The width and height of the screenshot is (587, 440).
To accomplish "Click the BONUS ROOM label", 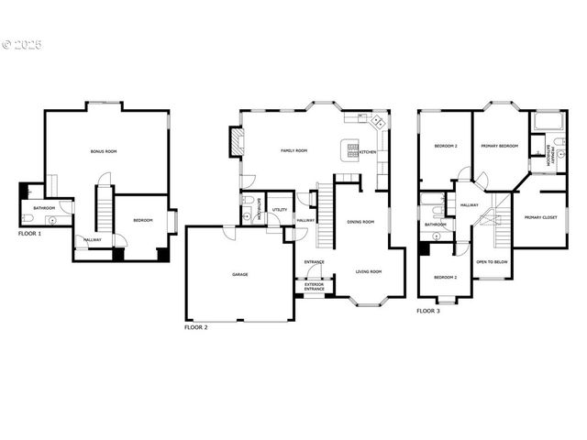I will pyautogui.click(x=104, y=150).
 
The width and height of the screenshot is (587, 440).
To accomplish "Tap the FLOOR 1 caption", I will pyautogui.click(x=30, y=234).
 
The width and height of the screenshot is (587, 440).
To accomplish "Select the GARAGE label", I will pyautogui.click(x=240, y=274).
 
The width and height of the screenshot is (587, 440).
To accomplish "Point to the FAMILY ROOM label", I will pyautogui.click(x=293, y=150).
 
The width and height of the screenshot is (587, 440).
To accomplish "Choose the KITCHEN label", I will pyautogui.click(x=367, y=152).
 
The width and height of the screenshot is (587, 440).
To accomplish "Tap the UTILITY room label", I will pyautogui.click(x=280, y=210).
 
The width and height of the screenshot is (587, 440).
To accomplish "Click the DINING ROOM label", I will pyautogui.click(x=360, y=221).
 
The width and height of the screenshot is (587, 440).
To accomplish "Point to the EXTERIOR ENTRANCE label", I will pyautogui.click(x=315, y=286).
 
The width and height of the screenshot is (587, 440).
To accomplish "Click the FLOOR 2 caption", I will pyautogui.click(x=196, y=327).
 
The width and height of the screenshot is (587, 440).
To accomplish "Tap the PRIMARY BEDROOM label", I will pyautogui.click(x=500, y=147).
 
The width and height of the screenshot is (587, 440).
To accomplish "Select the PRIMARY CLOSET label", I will pyautogui.click(x=541, y=217).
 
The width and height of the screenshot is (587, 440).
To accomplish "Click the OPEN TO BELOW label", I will pyautogui.click(x=492, y=263).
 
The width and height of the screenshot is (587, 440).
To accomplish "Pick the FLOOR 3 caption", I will pyautogui.click(x=428, y=312).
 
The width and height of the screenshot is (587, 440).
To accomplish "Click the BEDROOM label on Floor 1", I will pyautogui.click(x=142, y=220).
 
